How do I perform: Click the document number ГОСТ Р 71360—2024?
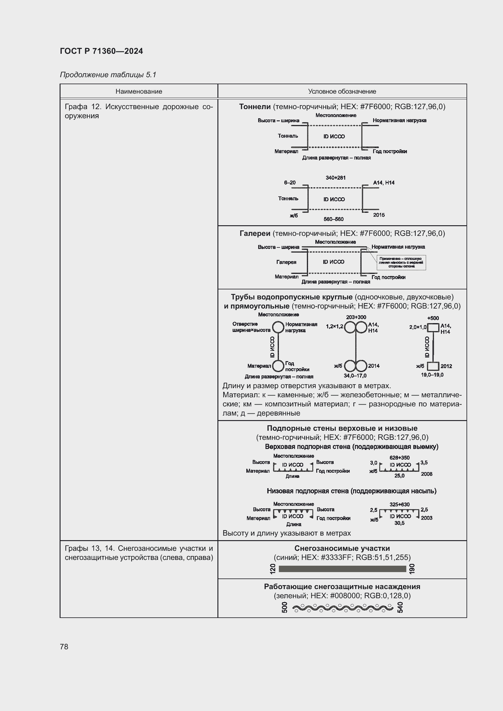[x=101, y=51]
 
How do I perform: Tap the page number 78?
[x=64, y=647]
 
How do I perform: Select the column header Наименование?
[x=139, y=91]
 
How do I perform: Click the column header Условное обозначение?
[x=342, y=91]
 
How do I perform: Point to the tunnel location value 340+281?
[x=335, y=178]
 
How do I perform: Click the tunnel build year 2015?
[x=379, y=215]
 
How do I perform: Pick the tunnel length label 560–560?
[x=334, y=219]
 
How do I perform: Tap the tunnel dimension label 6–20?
[x=290, y=183]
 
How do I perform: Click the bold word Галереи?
[x=255, y=233]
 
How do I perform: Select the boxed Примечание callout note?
[x=401, y=263]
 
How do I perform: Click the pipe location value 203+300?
[x=356, y=317]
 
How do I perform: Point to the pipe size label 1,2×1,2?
[x=335, y=326]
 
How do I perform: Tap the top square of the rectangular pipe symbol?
[x=433, y=327]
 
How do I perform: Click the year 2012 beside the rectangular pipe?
[x=446, y=366]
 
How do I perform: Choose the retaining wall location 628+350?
[x=400, y=458]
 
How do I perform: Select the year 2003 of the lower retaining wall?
[x=426, y=518]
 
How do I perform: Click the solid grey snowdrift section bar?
[x=342, y=569]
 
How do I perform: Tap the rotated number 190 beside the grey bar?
[x=412, y=569]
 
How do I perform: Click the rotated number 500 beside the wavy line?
[x=285, y=608]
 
